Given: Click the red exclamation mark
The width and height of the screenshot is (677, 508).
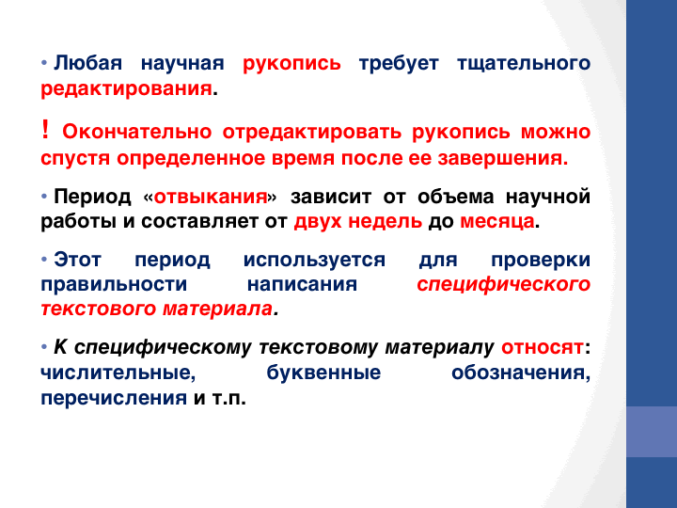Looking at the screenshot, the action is point(45,130).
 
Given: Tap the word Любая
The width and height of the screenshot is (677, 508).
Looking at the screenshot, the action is point(88,63).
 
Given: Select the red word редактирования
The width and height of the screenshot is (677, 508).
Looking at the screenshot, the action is point(127,89).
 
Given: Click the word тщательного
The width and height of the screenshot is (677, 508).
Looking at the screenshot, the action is point(524,63).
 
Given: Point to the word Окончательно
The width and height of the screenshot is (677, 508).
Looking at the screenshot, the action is point(137,132).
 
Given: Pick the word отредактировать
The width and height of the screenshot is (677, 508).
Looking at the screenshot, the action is point(312,133).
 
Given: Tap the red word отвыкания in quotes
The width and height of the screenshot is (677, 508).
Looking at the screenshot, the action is point(211,197).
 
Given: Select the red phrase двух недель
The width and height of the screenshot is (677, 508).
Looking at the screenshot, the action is point(358,222).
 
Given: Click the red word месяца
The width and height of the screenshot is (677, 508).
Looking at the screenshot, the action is point(497,222).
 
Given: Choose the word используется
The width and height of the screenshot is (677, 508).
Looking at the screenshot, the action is point(314,261).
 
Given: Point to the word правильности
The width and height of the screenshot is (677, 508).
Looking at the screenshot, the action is point(114,285).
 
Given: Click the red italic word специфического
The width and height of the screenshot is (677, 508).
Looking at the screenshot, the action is point(503,285).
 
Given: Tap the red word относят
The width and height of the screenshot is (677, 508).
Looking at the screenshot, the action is point(543,348).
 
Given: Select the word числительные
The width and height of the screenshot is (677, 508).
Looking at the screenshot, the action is point(118,373).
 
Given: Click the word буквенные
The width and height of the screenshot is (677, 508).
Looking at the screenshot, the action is point(323,373).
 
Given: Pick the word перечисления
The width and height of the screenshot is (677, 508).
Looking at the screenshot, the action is point(114,398).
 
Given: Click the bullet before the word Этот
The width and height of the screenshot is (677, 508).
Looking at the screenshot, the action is point(44,260).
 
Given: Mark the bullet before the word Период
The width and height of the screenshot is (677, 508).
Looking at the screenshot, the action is point(44,197).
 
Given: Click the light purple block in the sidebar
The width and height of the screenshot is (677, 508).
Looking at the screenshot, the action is point(652,432).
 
